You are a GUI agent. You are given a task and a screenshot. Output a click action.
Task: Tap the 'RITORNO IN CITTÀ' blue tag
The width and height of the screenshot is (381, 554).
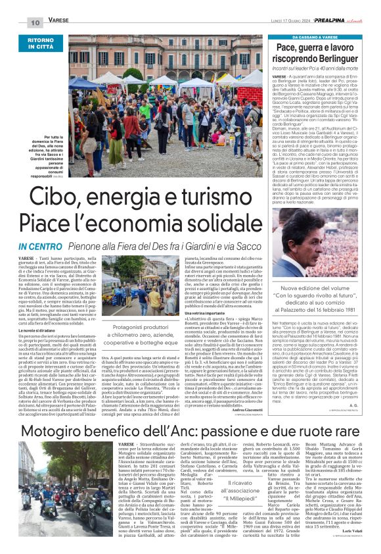50,45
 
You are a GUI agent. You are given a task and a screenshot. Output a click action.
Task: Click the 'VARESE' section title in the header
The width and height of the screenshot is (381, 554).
60,22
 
